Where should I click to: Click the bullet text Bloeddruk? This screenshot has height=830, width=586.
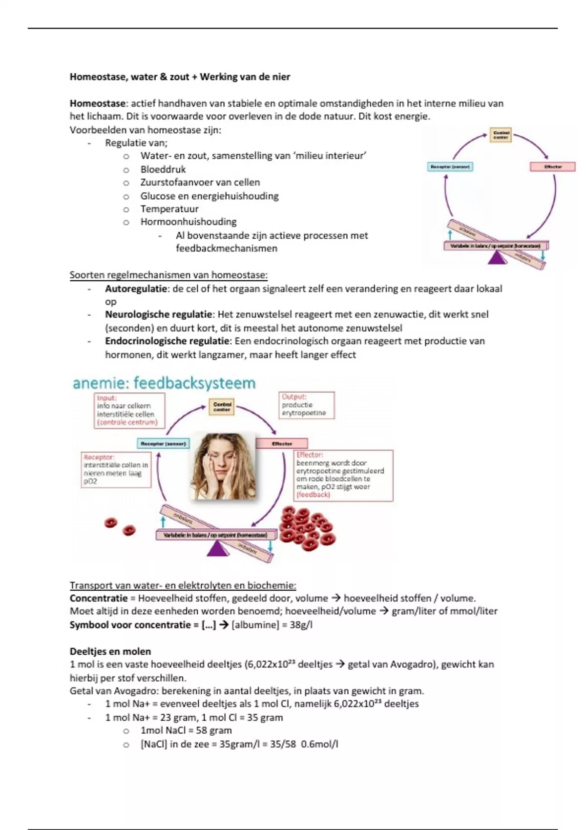point(163,169)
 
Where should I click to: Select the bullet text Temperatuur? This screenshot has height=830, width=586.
point(169,209)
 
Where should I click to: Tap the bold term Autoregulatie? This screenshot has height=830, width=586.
point(136,289)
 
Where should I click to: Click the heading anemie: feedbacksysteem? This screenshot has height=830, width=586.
point(164,383)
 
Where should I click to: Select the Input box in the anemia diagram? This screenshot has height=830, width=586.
point(129,411)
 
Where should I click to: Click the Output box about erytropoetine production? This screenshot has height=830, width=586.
point(306,405)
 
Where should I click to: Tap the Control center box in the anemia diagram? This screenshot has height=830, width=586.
point(222,407)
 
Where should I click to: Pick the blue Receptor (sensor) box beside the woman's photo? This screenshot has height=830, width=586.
point(164,443)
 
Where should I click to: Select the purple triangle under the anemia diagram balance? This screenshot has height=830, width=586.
point(217,549)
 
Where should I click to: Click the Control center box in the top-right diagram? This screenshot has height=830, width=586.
point(501,135)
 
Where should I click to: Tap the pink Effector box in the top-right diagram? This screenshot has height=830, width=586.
point(553,167)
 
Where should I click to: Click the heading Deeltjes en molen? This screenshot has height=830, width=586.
point(110,651)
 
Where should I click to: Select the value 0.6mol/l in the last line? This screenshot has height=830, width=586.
point(320,744)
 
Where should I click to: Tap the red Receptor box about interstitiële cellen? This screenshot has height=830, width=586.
point(116,469)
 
